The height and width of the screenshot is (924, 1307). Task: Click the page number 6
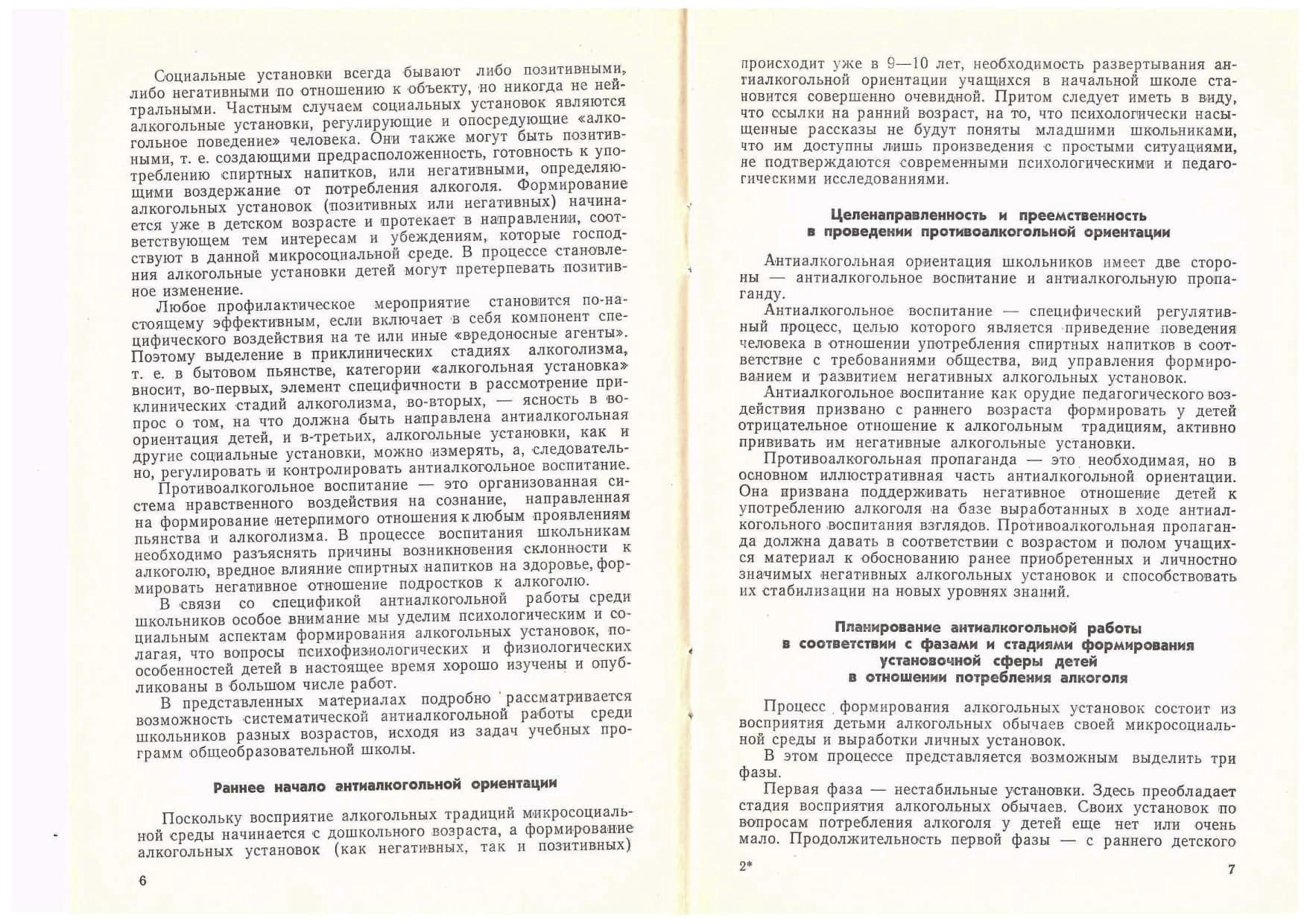pos(143,880)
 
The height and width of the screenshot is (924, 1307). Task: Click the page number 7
pos(1231,869)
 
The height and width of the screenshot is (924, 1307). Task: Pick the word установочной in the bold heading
pos(930,661)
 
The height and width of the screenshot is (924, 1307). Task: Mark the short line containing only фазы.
pos(759,773)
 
